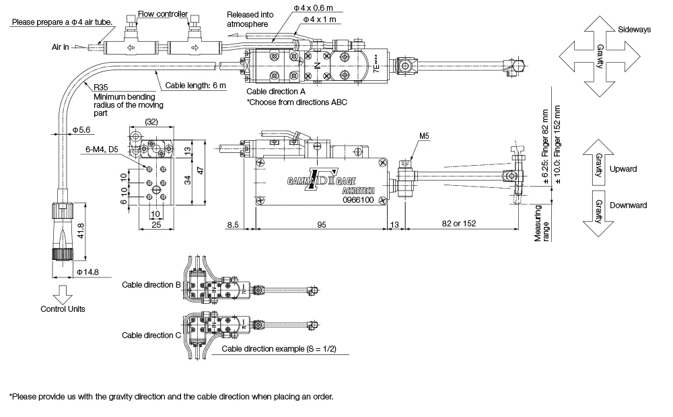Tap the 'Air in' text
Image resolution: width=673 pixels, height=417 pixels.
coord(61,48)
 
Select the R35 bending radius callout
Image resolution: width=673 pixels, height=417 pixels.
coord(101,88)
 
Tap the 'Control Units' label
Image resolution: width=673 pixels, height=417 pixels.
coord(63,309)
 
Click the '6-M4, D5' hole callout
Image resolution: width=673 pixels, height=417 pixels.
coord(102,149)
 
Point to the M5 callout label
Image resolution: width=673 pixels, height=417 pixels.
coord(423,136)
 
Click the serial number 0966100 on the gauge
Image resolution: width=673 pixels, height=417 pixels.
coord(357,200)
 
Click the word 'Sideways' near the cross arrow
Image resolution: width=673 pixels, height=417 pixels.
coord(635,30)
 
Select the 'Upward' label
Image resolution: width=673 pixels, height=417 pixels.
coord(623,168)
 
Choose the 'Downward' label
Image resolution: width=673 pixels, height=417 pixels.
coord(628,205)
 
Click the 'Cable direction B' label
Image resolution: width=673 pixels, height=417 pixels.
coord(151,284)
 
